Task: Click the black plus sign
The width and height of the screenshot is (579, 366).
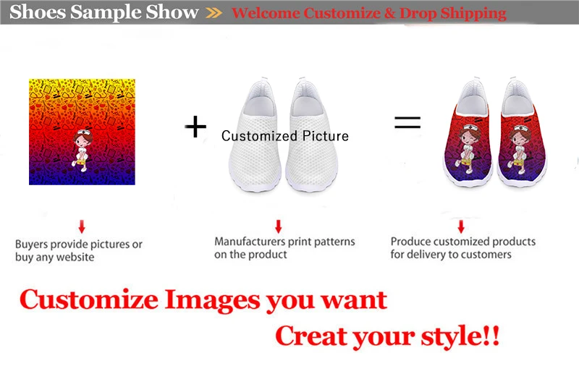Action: click(195, 127)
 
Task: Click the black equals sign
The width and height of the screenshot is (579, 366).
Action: click(407, 122)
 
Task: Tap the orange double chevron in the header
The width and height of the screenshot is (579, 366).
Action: click(214, 13)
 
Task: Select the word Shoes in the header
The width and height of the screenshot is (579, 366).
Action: click(38, 12)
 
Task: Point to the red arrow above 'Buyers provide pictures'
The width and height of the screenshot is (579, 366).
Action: click(82, 226)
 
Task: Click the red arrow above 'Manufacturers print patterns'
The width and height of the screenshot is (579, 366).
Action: click(279, 226)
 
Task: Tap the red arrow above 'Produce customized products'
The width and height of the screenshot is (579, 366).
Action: click(461, 226)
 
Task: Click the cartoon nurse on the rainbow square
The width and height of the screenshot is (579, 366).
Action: click(83, 150)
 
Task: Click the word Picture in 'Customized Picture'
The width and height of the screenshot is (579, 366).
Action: click(325, 136)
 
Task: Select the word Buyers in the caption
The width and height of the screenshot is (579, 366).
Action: click(32, 244)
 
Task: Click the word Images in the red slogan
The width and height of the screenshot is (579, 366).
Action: click(212, 299)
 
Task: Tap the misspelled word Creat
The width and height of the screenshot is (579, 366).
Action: click(312, 336)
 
